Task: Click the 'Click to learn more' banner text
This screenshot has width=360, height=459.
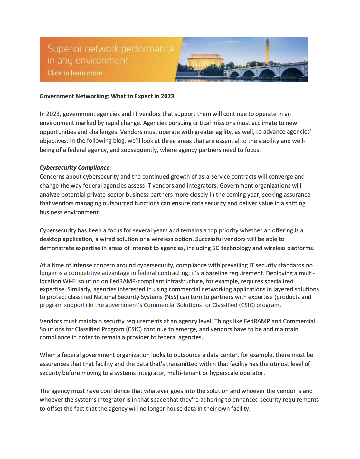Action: (x=75, y=73)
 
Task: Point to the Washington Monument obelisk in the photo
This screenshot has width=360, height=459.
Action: (x=267, y=52)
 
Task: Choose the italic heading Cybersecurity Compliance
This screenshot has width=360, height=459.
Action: (x=74, y=168)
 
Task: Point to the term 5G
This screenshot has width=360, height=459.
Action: (x=216, y=248)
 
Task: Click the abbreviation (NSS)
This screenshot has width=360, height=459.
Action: (x=171, y=297)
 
